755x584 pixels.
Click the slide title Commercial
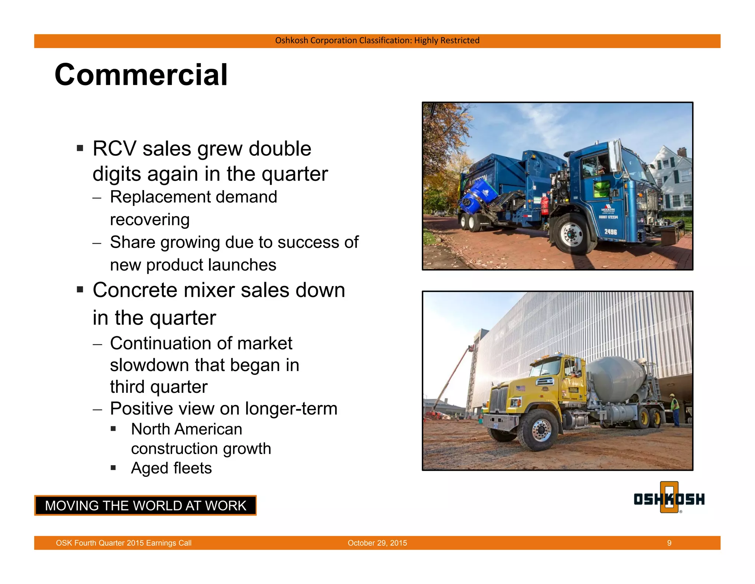pyautogui.click(x=141, y=75)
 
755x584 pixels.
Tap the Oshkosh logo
pyautogui.click(x=669, y=498)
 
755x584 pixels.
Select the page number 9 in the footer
pyautogui.click(x=669, y=543)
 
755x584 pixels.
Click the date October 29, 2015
pyautogui.click(x=377, y=543)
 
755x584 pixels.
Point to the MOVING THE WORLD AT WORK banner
pyautogui.click(x=145, y=505)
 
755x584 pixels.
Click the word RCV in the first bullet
pyautogui.click(x=114, y=149)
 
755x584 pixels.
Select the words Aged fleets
pyautogui.click(x=171, y=468)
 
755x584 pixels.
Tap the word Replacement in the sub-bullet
pyautogui.click(x=159, y=197)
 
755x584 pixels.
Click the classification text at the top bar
pyautogui.click(x=377, y=41)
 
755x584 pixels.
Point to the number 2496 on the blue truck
pyautogui.click(x=610, y=232)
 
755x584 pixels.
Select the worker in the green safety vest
pyautogui.click(x=674, y=410)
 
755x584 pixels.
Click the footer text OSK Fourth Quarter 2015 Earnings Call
pyautogui.click(x=123, y=543)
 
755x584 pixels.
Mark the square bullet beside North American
pyautogui.click(x=113, y=429)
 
